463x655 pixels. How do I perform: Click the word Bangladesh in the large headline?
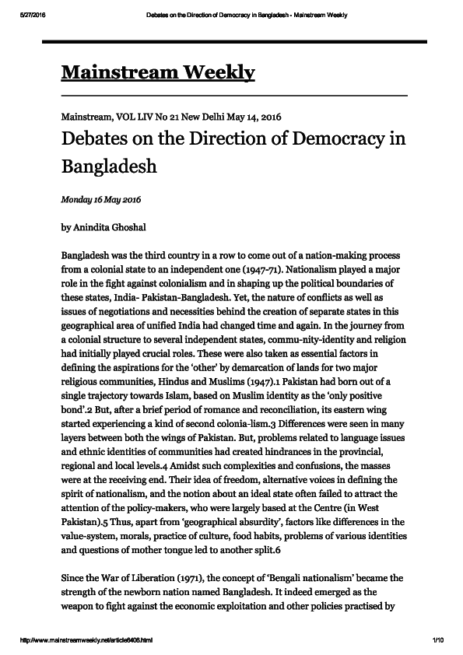[x=109, y=166]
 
